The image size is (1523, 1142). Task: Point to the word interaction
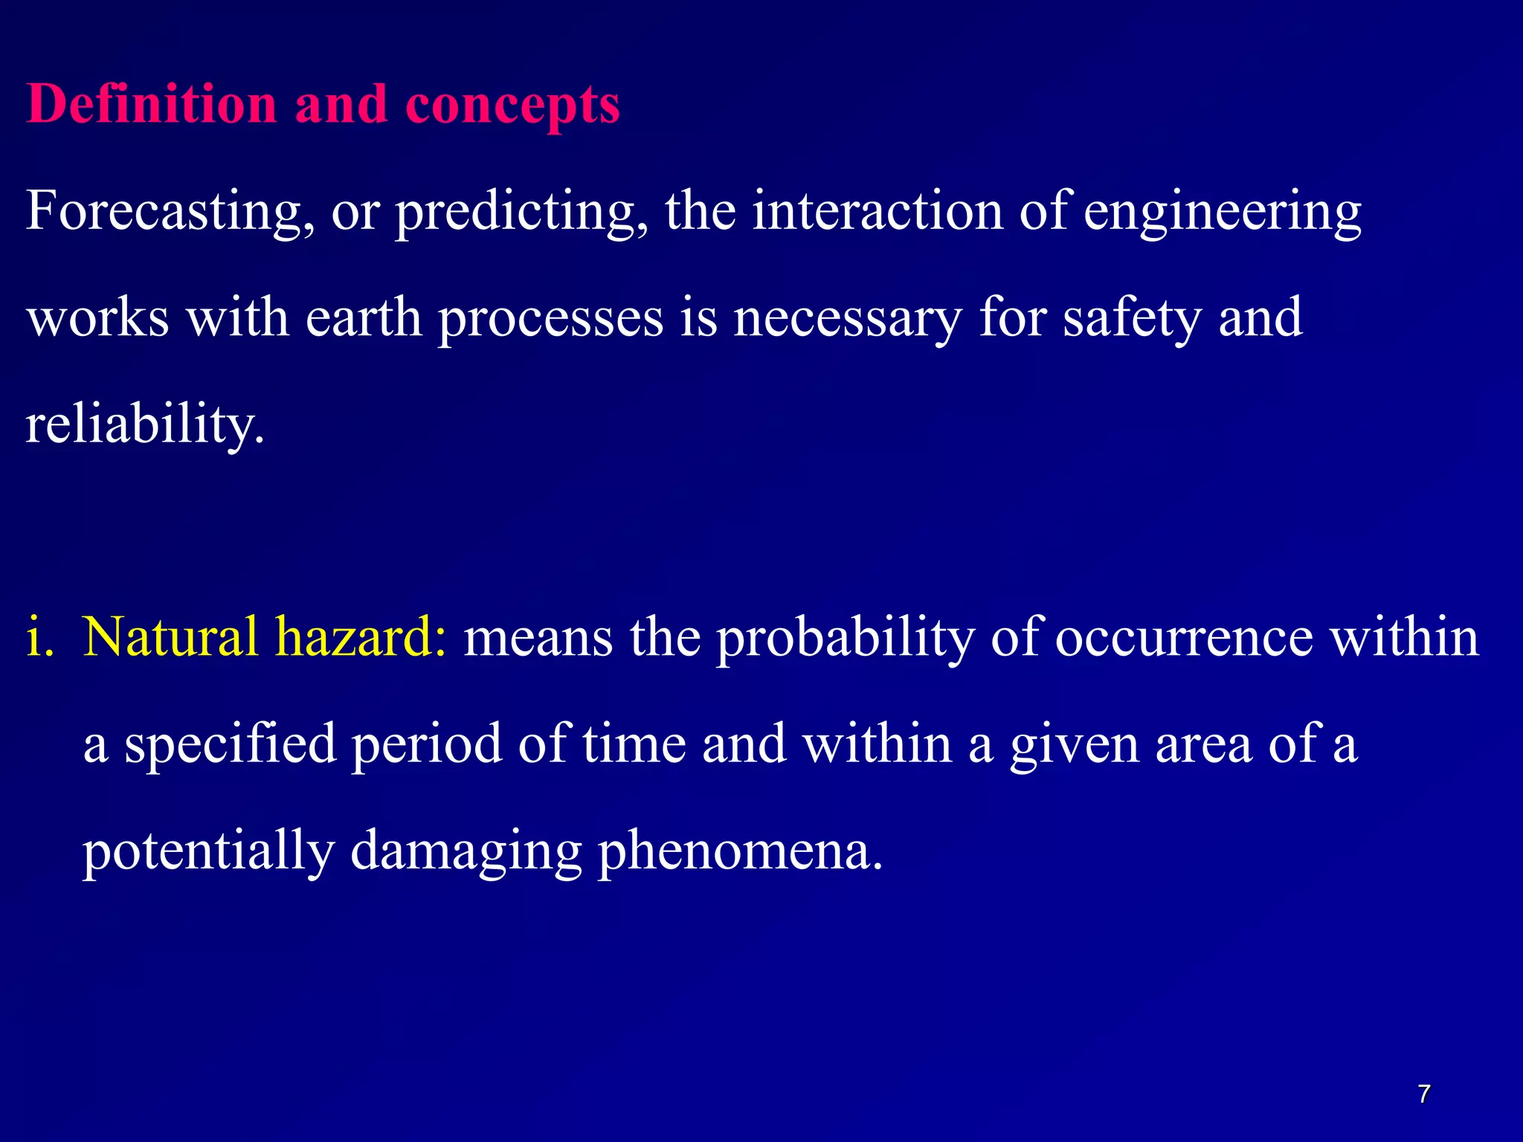878,210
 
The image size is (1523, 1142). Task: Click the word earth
364,317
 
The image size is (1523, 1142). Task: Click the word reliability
144,426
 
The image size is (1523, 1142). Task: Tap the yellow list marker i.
39,638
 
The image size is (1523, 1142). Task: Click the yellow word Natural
170,638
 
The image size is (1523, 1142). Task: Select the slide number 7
1423,1094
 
